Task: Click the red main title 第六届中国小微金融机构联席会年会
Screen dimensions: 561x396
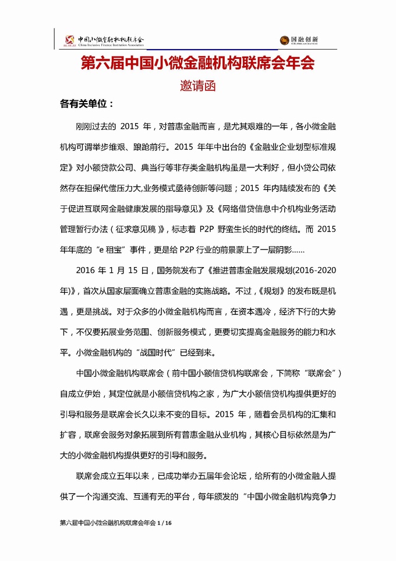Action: tap(197, 64)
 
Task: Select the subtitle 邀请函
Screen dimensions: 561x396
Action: tap(197, 86)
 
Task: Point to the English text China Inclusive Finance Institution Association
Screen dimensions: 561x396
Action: tap(111, 44)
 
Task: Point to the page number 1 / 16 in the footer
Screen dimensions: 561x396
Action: tap(165, 524)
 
